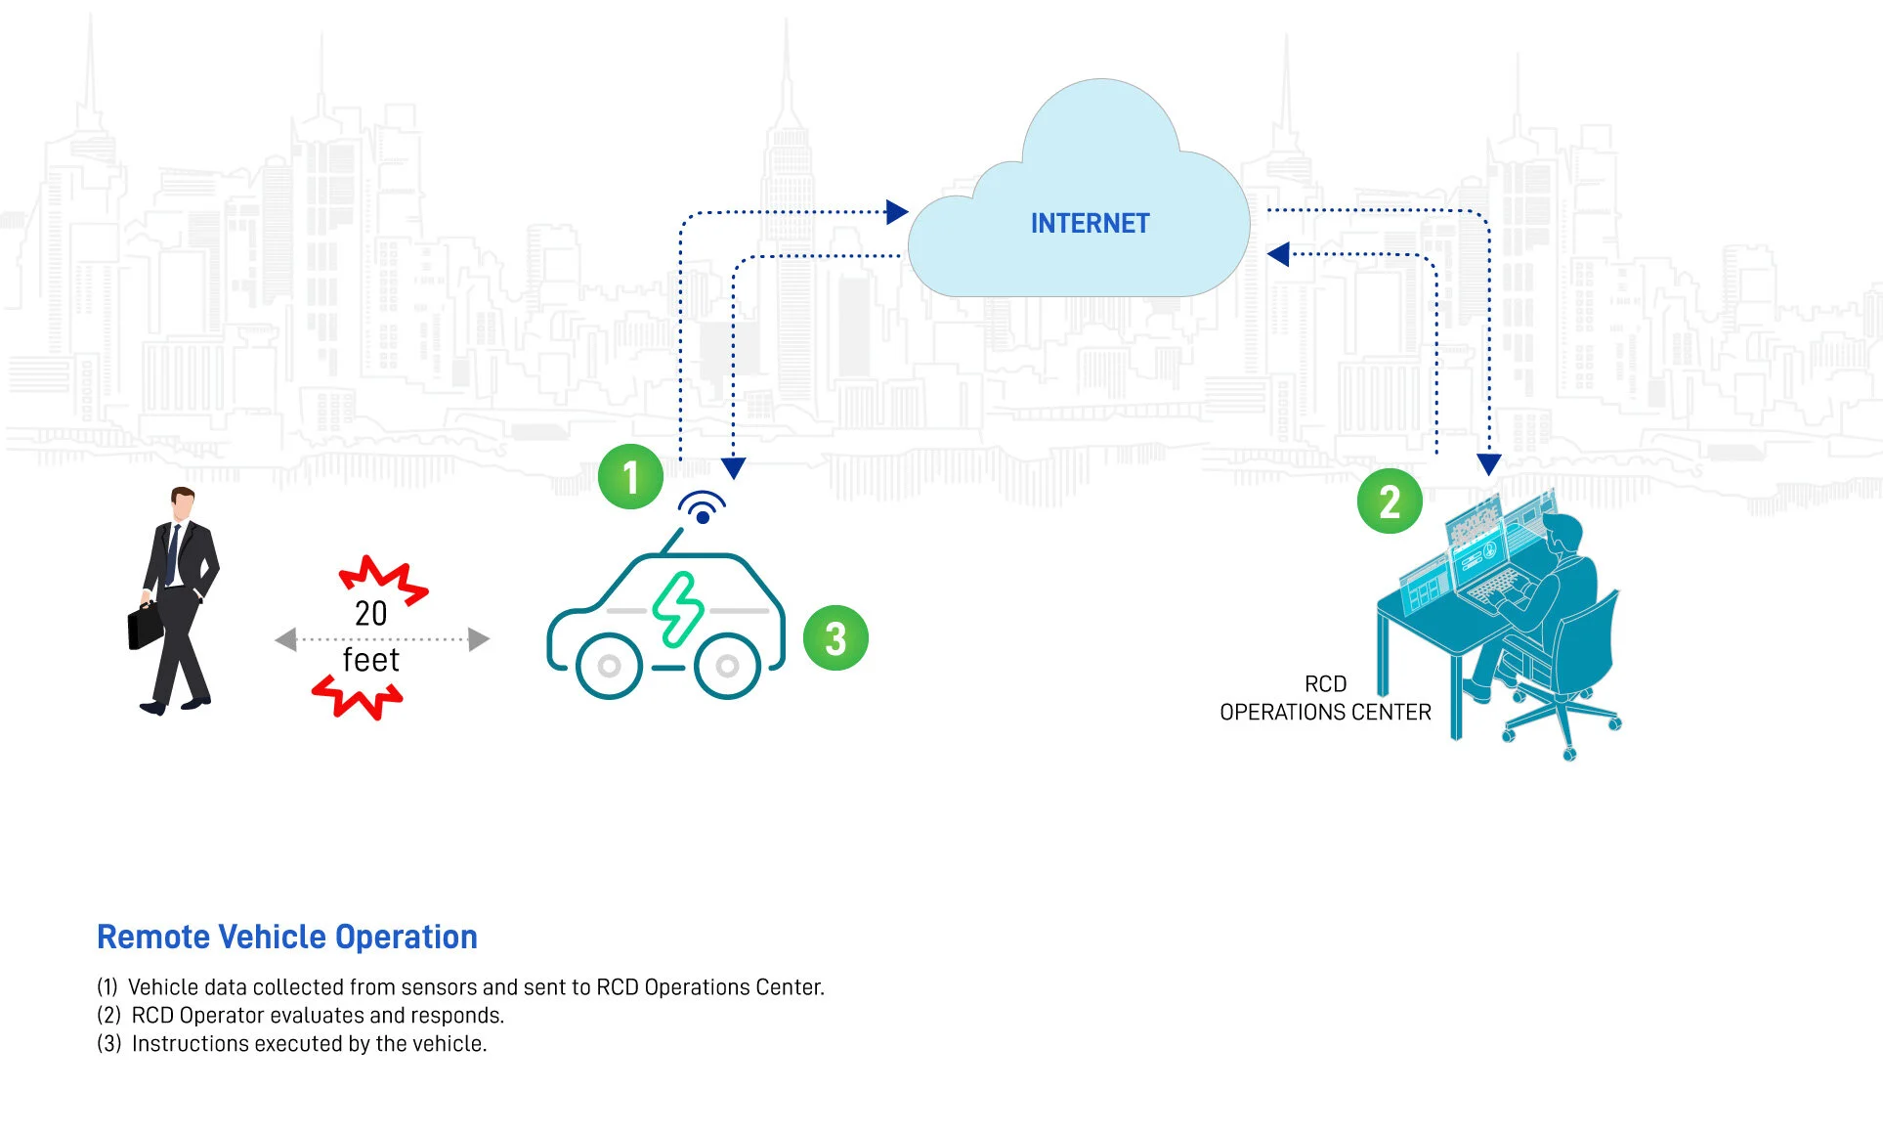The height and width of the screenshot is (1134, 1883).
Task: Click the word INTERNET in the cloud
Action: [x=1090, y=224]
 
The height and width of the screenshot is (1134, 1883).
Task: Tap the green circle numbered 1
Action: [x=630, y=477]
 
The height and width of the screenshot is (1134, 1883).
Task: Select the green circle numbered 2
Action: [x=1389, y=502]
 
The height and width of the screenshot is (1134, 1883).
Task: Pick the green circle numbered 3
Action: [x=835, y=638]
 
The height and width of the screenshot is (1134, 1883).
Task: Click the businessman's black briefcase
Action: [x=146, y=626]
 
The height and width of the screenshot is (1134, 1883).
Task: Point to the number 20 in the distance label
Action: [x=370, y=613]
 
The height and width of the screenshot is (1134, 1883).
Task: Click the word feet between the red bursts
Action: [x=370, y=660]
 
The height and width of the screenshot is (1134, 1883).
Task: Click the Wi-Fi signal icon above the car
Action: [x=702, y=507]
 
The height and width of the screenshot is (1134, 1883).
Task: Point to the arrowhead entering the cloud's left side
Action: [x=896, y=212]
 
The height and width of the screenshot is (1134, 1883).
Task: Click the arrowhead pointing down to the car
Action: [x=733, y=468]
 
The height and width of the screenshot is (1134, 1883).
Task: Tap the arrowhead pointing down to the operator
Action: [x=1488, y=464]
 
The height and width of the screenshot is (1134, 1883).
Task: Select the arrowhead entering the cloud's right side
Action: [x=1278, y=254]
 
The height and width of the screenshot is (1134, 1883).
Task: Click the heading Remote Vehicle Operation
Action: [x=286, y=937]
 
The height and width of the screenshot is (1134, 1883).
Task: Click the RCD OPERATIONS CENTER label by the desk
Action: [x=1325, y=698]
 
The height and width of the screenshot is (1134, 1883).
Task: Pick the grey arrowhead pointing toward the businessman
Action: [x=285, y=639]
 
